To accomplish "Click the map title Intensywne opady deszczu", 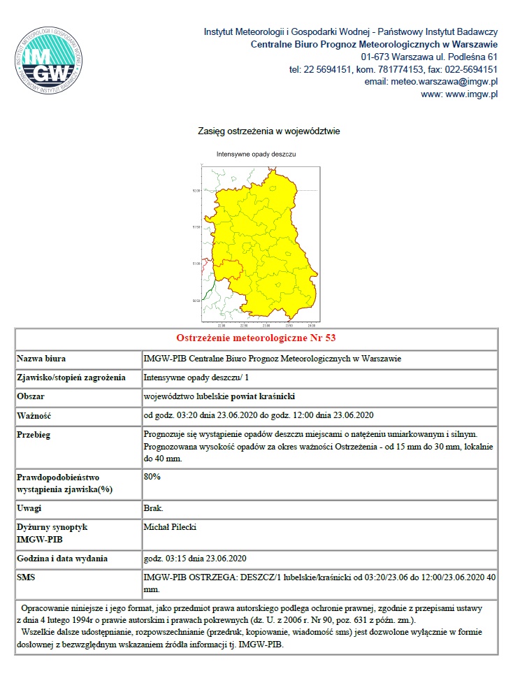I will tap(256, 153).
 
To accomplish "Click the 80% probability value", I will tap(152, 476).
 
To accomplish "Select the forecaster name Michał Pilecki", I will tap(170, 526).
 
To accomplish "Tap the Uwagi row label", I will tap(29, 508).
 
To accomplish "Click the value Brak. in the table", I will tap(154, 508).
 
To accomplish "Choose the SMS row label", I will tap(26, 578).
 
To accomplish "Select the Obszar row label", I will tap(33, 396).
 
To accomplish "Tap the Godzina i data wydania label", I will tap(62, 559).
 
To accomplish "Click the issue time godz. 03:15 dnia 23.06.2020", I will tap(195, 559).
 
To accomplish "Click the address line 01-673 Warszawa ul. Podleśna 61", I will tap(429, 57).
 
